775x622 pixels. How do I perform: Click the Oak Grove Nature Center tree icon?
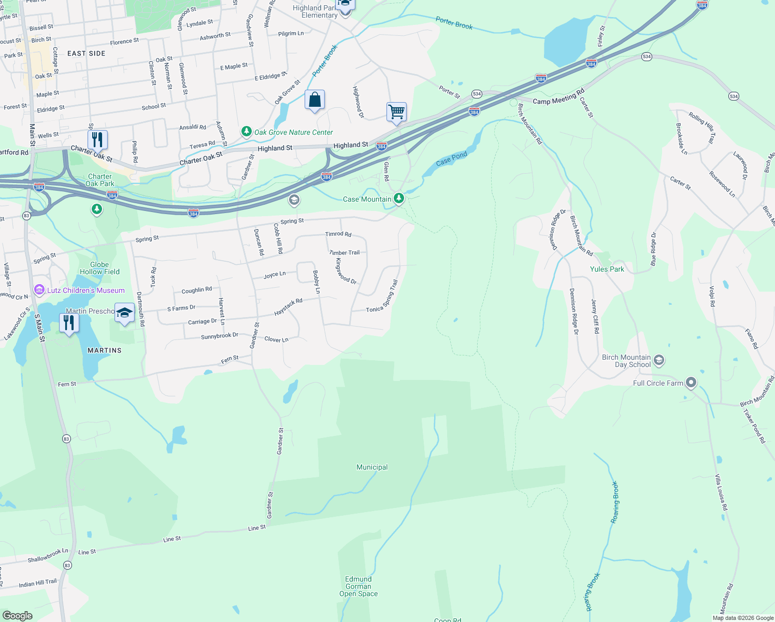coord(247,132)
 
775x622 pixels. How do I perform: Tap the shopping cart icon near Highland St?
coord(396,112)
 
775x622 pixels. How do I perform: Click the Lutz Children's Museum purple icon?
coord(39,290)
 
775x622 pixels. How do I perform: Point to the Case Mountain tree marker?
coord(398,198)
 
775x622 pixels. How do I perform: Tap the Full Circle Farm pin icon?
coord(691,383)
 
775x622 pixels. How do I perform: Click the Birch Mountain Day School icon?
coord(659,360)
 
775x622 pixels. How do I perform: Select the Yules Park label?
coord(607,269)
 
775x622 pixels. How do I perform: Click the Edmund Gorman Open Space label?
coord(358,586)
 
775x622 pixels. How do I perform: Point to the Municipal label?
coord(372,467)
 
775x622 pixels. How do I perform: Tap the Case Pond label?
coord(451,159)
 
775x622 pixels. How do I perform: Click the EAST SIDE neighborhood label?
coord(86,53)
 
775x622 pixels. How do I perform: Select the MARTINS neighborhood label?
coord(105,350)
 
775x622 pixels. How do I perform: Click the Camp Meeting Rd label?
coord(558,96)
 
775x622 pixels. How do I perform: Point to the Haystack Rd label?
coord(288,307)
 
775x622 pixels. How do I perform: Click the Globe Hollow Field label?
coord(99,268)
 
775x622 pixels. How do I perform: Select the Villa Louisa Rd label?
coord(721,492)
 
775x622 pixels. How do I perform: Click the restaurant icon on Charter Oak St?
coord(97,140)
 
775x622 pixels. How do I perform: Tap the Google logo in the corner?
coord(17,615)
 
